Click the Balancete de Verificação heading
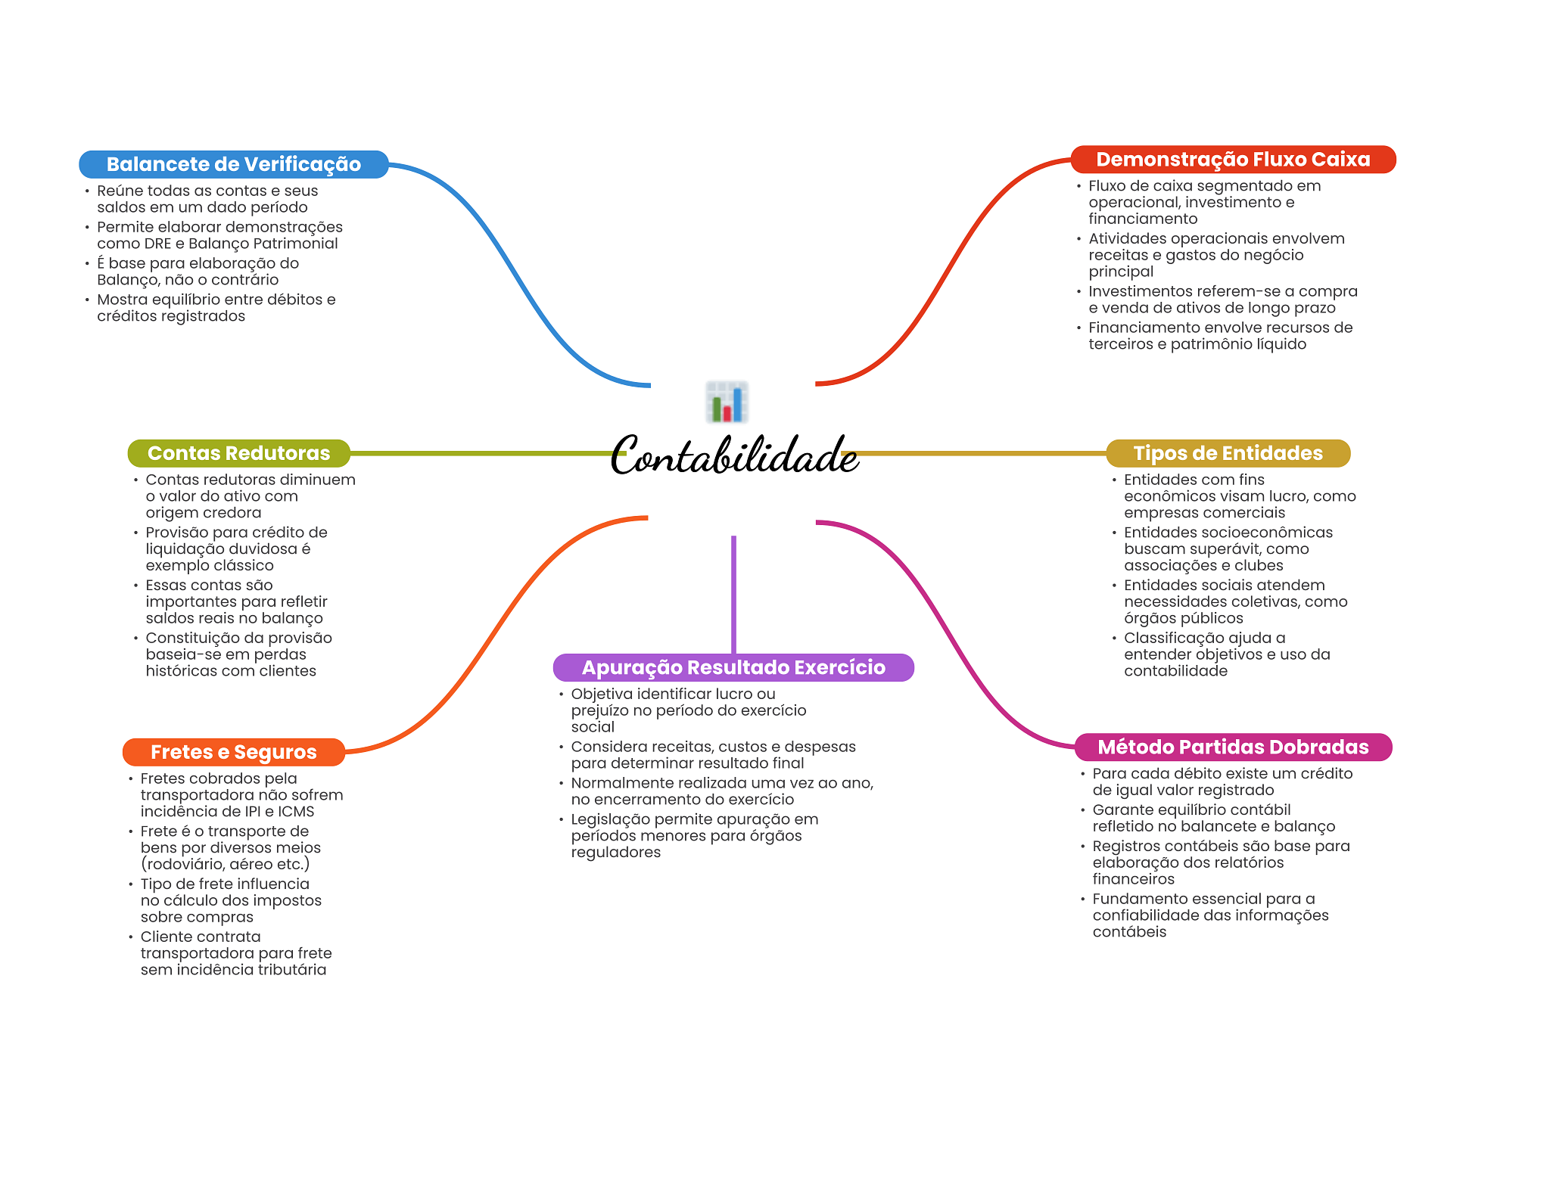pos(233,164)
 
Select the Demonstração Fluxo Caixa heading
pos(1233,160)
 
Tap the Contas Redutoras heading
pos(238,453)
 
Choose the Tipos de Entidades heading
pos(1228,453)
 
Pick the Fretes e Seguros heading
pos(233,752)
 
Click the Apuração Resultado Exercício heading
pos(733,667)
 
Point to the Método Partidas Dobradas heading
pos(1233,747)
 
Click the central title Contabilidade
pos(733,455)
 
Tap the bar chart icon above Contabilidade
pos(727,402)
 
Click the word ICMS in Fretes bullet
pos(296,812)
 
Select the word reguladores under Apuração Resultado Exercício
pos(615,853)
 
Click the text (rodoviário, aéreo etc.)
pos(225,864)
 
